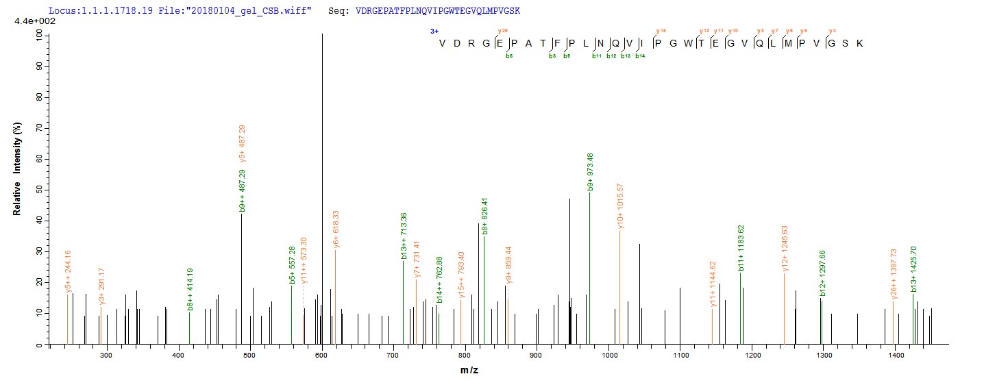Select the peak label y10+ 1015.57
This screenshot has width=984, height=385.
(620, 206)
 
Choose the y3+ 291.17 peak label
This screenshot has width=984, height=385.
(101, 286)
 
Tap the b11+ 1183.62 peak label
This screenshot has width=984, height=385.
(741, 247)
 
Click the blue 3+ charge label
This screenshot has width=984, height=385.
(434, 31)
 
